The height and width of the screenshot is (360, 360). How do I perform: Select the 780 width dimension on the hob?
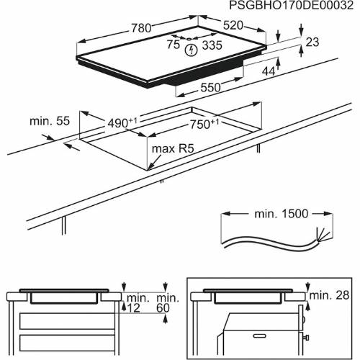141,28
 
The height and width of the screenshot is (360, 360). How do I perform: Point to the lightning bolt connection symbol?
191,50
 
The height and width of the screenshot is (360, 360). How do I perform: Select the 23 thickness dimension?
311,42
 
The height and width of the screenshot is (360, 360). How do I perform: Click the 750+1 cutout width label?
204,124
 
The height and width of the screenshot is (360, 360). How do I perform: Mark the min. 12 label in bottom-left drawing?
135,302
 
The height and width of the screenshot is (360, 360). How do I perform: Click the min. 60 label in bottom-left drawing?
168,302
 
